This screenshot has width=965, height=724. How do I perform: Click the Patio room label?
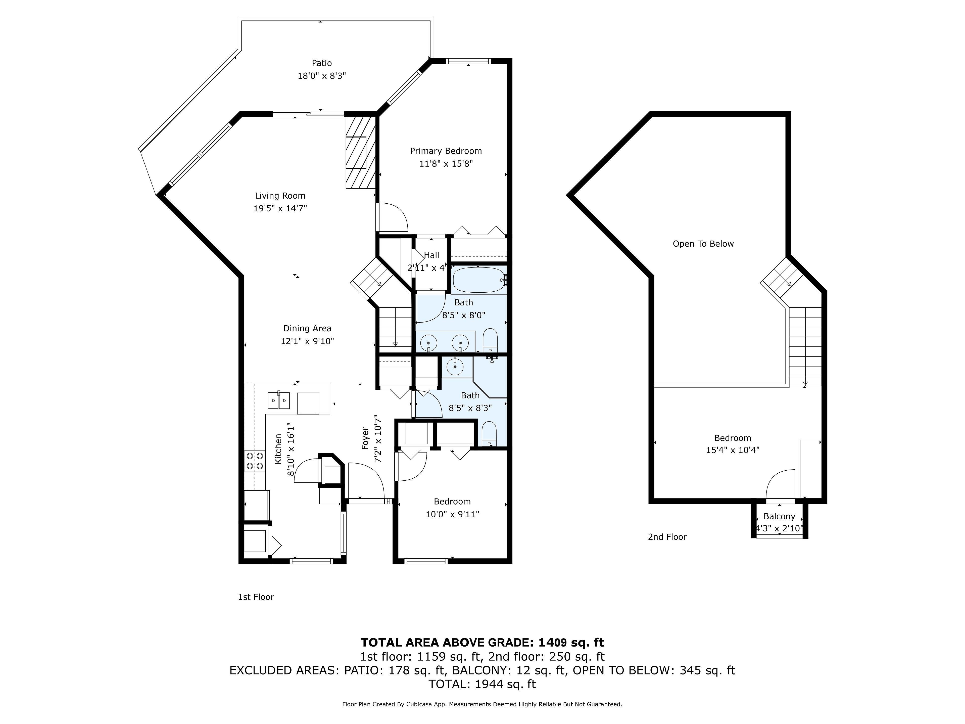coord(321,63)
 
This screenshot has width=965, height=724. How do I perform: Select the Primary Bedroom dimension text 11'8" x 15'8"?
coord(446,164)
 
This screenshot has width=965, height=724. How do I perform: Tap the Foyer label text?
coord(365,439)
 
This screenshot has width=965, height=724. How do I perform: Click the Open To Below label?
coord(703,244)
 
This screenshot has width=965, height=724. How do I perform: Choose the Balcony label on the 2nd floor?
coord(779,516)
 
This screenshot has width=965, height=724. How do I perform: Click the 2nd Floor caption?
coord(667,537)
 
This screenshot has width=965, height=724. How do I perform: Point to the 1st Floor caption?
coord(256,597)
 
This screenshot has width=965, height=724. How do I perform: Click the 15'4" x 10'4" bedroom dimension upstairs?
coord(733,450)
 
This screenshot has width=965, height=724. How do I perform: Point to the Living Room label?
coord(280,196)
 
